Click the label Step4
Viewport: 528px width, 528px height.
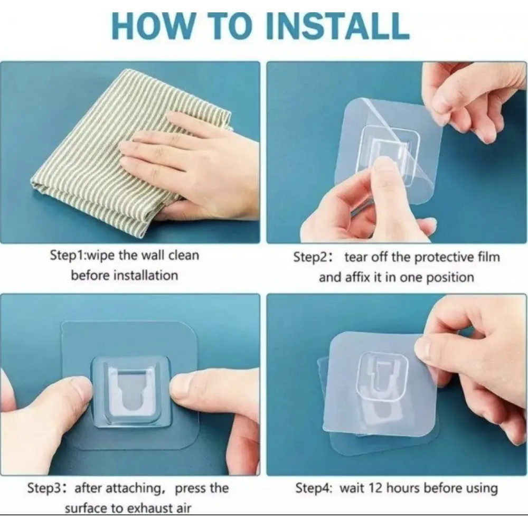point(314,488)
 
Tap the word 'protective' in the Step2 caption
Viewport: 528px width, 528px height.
point(443,258)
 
